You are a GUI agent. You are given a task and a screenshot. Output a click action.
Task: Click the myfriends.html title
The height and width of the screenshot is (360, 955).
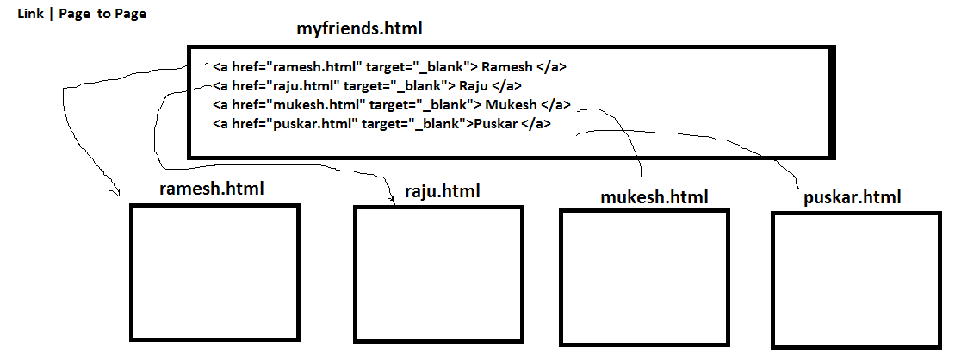[x=360, y=29]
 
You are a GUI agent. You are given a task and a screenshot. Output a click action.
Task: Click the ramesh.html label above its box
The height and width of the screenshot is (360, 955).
[x=212, y=188]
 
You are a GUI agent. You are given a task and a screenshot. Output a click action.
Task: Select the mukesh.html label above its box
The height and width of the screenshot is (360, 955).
[x=654, y=197]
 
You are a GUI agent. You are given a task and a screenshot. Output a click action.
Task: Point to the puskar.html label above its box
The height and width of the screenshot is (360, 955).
[x=852, y=197]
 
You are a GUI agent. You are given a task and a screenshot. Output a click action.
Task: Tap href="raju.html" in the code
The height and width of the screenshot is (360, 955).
[x=287, y=86]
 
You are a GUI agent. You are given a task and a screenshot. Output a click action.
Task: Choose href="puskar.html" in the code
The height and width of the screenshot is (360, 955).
[x=295, y=124]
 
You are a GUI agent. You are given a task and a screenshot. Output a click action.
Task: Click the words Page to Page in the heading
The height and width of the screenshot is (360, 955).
[x=102, y=14]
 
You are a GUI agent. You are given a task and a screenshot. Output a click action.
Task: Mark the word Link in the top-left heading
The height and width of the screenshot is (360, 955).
[x=30, y=14]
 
